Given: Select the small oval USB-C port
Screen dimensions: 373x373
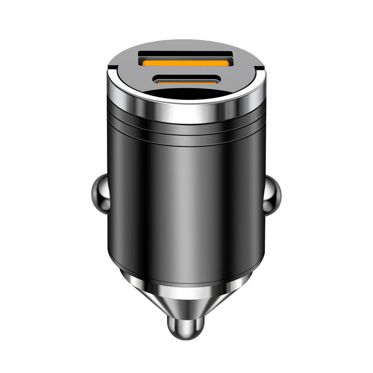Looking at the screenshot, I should click(186, 80).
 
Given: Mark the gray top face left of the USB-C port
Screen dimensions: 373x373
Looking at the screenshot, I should click(131, 79).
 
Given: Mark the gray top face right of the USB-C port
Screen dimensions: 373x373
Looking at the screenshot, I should click(242, 79).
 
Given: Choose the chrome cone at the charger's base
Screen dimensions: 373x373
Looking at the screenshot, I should click(186, 298).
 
